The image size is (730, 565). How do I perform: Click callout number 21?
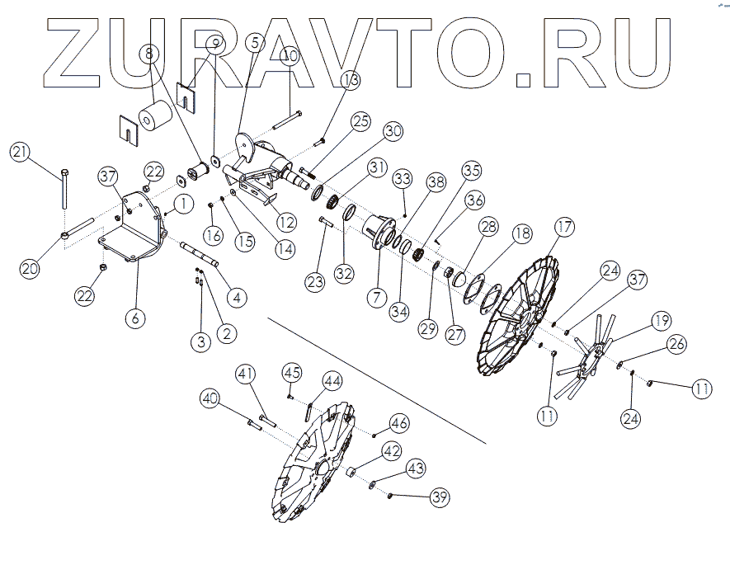pos(21,153)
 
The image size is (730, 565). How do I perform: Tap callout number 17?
pos(564,227)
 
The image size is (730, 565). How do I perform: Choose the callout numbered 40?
pos(210,398)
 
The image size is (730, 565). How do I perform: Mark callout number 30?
pos(393,131)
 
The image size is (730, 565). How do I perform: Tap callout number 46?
pos(400,423)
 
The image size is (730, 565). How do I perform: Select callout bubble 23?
pos(314,282)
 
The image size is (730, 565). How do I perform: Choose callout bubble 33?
pos(402,178)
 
